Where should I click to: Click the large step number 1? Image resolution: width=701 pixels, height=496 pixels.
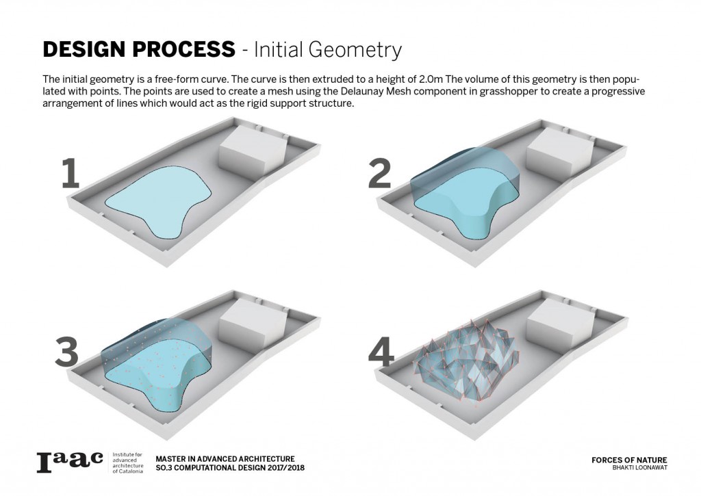tap(71, 173)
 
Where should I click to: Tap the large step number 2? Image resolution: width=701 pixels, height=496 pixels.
tap(380, 173)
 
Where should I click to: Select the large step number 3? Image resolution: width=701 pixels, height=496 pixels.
tap(67, 352)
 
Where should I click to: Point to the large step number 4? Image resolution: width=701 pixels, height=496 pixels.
tap(381, 352)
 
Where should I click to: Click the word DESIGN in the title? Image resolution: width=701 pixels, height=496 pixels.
tap(83, 49)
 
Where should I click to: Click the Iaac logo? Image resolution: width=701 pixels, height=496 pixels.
tap(70, 462)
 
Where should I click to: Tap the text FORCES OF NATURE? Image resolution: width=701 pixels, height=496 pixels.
tap(629, 460)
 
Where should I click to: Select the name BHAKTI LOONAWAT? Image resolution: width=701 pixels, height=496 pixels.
tap(640, 468)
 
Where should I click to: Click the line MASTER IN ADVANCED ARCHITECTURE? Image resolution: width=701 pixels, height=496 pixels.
tap(225, 459)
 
